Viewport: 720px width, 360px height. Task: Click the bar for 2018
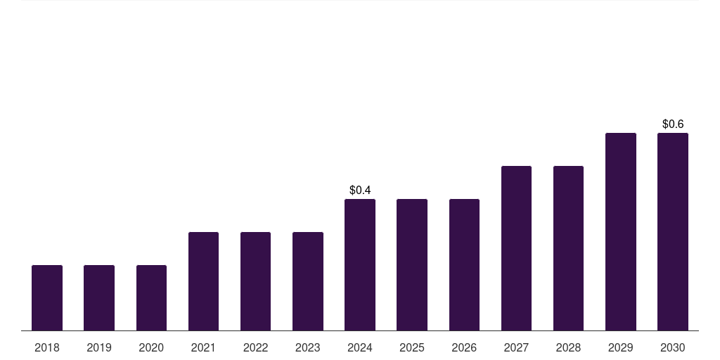point(47,297)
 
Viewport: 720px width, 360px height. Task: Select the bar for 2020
point(151,297)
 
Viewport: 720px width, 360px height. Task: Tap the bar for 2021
point(203,281)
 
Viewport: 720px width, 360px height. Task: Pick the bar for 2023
point(308,281)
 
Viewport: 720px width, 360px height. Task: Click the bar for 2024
point(360,264)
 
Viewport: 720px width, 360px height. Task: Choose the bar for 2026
point(464,264)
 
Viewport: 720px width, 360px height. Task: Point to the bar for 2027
point(516,248)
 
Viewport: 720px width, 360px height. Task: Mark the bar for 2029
point(621,231)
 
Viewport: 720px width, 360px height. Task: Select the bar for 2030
point(673,231)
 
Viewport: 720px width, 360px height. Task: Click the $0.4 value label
point(360,190)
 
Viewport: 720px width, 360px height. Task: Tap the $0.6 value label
point(673,124)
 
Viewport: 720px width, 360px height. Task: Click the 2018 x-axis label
point(47,347)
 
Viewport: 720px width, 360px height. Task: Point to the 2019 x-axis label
point(99,347)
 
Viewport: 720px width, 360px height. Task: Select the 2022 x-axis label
point(255,347)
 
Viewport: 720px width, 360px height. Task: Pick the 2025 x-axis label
point(412,347)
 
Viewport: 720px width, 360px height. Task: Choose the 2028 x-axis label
point(568,347)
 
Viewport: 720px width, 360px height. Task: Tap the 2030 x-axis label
point(673,347)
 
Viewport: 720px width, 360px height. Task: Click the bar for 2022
point(255,281)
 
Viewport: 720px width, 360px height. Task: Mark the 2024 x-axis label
point(360,347)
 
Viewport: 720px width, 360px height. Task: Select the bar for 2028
point(568,248)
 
